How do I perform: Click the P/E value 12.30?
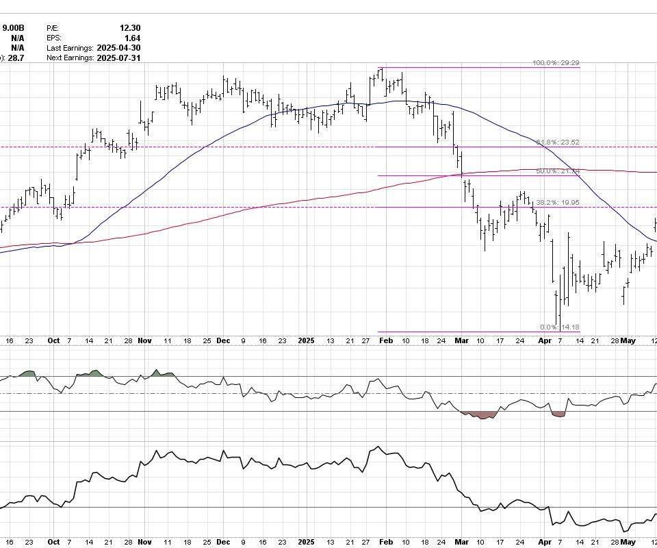(x=129, y=28)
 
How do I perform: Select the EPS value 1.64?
(x=132, y=38)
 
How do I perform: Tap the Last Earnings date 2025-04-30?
(x=118, y=49)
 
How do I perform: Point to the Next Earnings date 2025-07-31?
(x=118, y=59)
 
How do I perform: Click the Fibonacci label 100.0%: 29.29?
(x=556, y=63)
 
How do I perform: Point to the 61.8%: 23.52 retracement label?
(x=558, y=142)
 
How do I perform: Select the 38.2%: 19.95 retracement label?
(x=558, y=203)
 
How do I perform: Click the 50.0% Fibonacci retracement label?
(x=558, y=171)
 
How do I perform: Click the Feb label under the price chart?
(x=386, y=340)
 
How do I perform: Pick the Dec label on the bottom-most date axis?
(x=224, y=542)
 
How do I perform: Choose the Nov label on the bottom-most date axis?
(x=144, y=542)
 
